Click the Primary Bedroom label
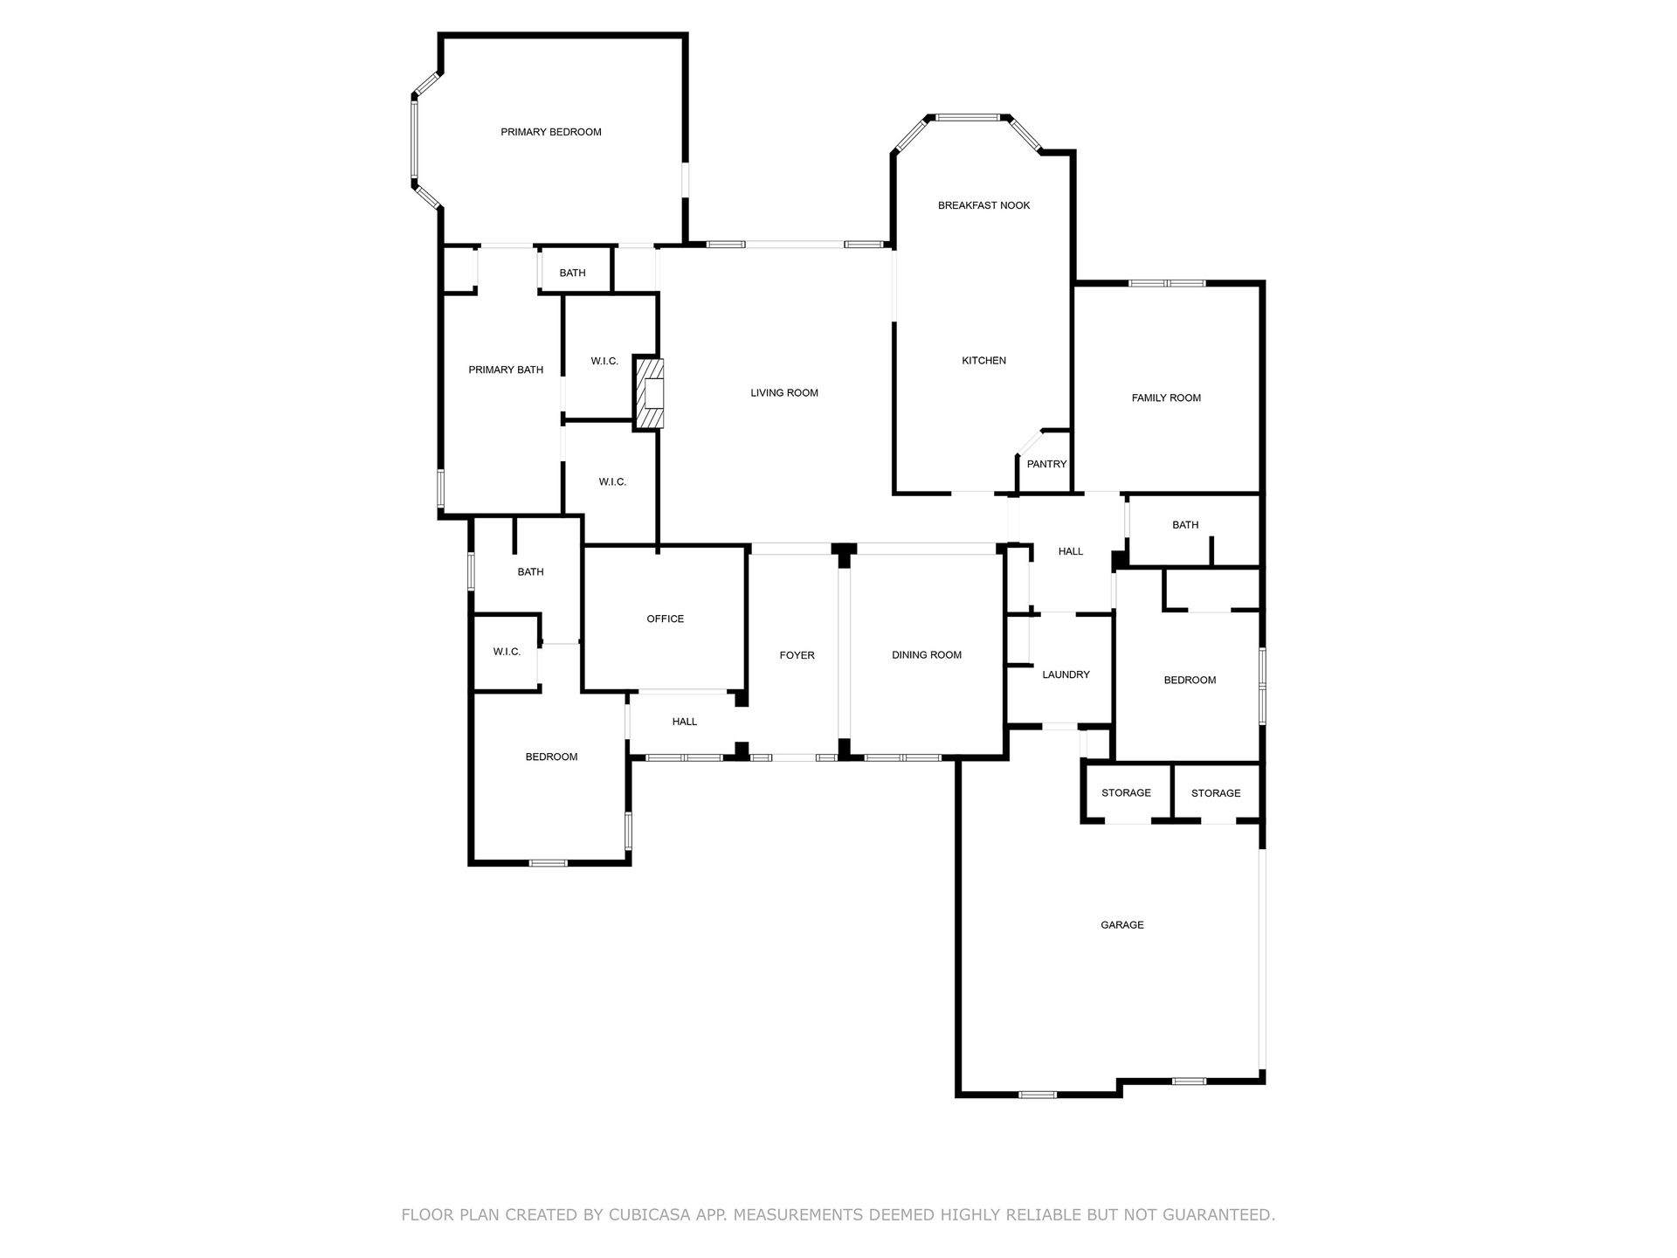pos(551,132)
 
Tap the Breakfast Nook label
pos(984,205)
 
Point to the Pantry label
pos(1046,464)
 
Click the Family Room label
pos(1166,397)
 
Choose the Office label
pos(666,619)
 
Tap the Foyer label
pos(797,655)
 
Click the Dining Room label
pos(927,655)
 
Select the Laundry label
pos(1066,674)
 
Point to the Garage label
pos(1122,924)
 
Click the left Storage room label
pos(1126,792)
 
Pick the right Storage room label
pos(1216,793)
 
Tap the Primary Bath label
pos(506,370)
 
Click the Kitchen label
pos(984,360)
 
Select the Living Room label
pos(784,393)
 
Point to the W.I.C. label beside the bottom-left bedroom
pos(507,652)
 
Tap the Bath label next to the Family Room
pos(1185,525)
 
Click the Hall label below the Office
pos(685,722)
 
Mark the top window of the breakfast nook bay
pos(968,116)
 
